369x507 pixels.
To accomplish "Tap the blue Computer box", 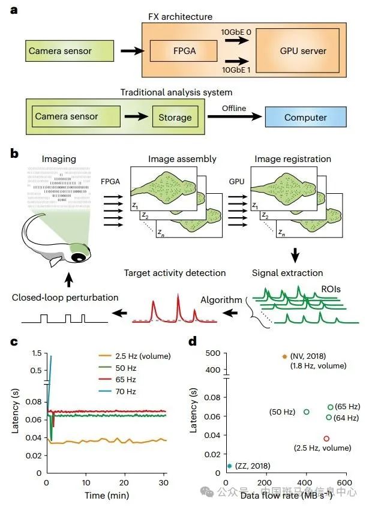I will pos(306,118).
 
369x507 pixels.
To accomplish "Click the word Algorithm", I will pos(221,300).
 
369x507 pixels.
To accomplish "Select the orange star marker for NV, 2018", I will pos(284,356).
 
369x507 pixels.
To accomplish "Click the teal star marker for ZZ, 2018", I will pos(229,466).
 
